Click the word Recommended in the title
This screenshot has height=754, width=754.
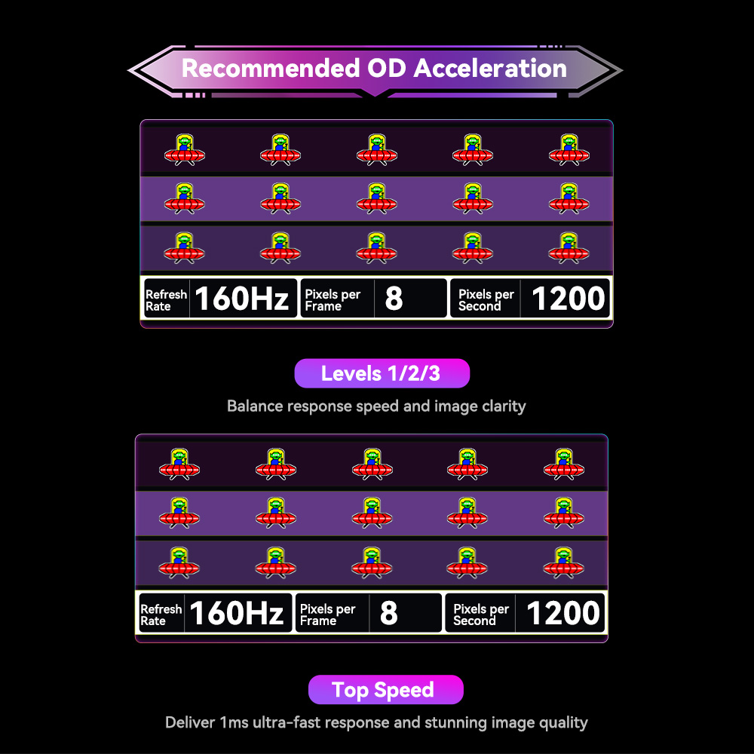[x=271, y=69]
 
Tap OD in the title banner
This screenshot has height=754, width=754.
[x=387, y=69]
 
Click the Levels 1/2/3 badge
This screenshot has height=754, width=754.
[x=381, y=373]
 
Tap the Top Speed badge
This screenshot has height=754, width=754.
[x=383, y=690]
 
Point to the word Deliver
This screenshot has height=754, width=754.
[x=189, y=722]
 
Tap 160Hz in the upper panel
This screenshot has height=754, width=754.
[x=242, y=299]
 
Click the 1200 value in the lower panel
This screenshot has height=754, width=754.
[x=562, y=613]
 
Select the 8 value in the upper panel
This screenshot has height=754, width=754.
[x=394, y=299]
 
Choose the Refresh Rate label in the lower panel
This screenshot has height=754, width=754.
[x=161, y=615]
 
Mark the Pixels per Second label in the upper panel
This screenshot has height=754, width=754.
[x=486, y=300]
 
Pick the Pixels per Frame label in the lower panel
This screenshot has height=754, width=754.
[x=327, y=615]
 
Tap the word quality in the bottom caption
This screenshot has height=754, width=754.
[x=559, y=722]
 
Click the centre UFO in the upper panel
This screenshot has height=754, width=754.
[x=376, y=198]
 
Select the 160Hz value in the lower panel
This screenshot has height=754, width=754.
[x=236, y=613]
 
